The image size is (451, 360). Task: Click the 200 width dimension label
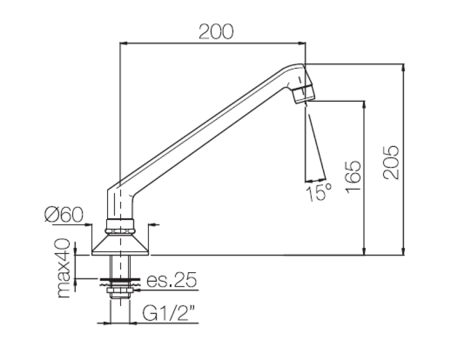[x=216, y=32]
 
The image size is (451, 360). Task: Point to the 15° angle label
[x=319, y=193]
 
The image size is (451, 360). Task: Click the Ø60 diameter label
[x=63, y=214]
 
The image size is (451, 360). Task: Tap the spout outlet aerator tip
[x=303, y=95]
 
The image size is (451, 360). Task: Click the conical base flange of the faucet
[x=120, y=243]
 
